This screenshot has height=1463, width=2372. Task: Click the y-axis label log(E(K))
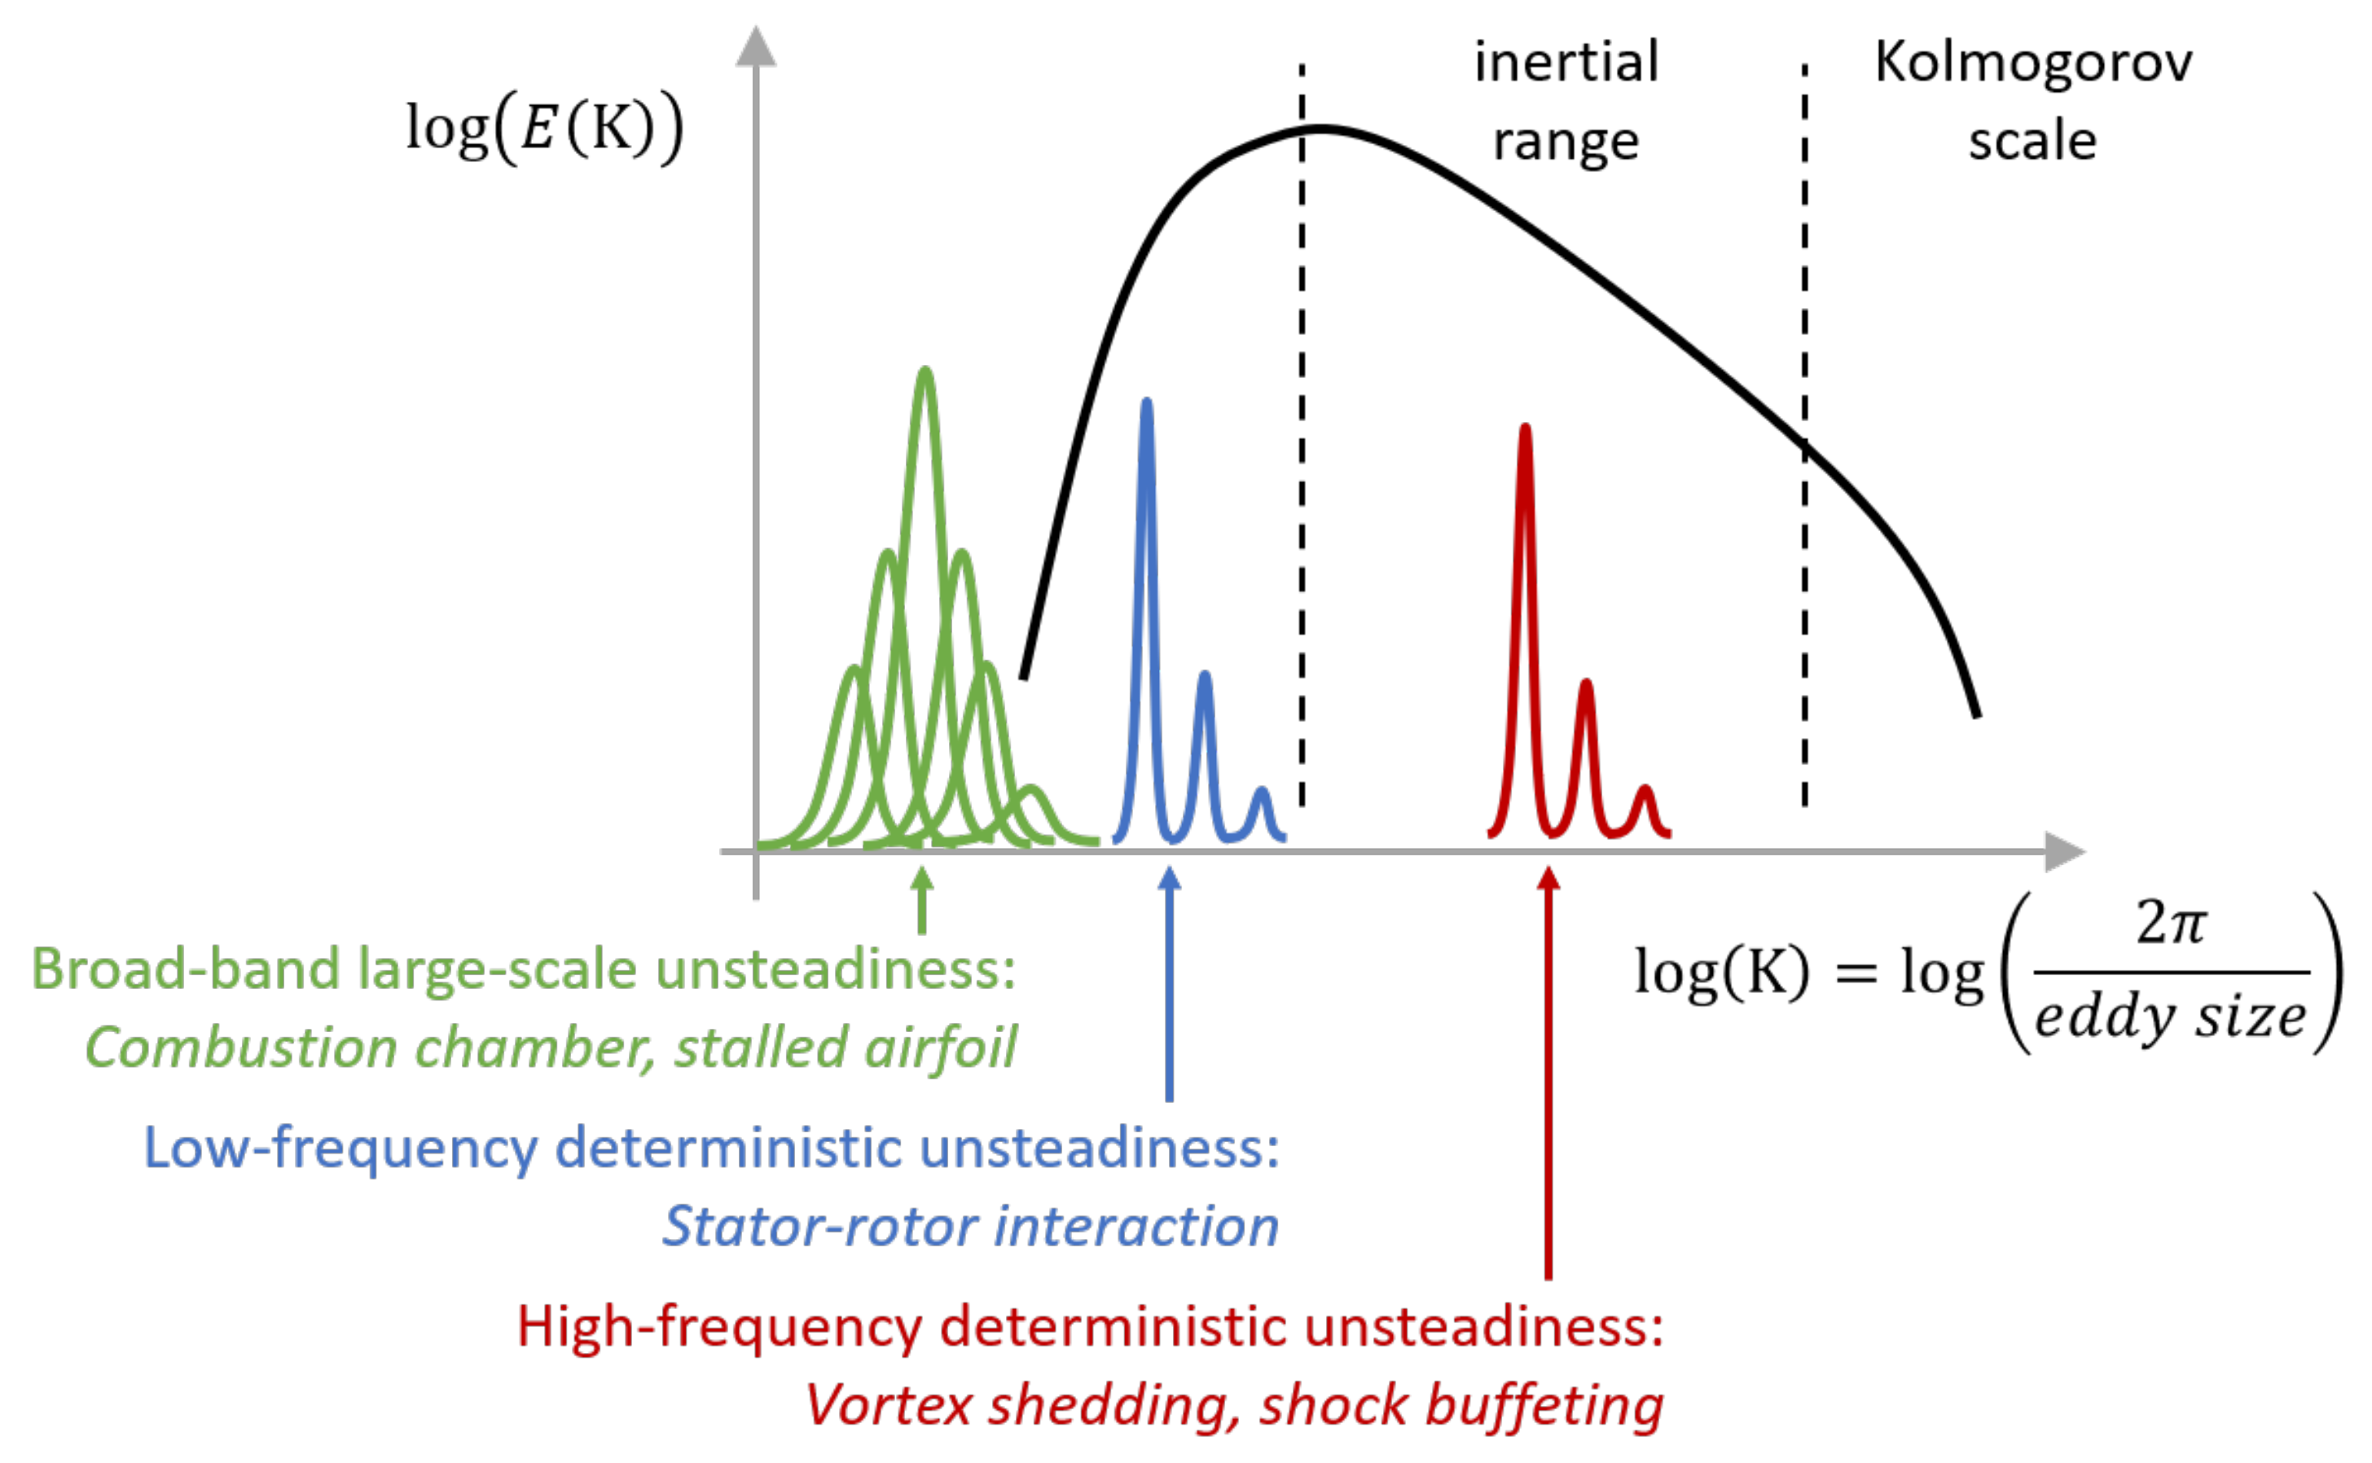tap(543, 128)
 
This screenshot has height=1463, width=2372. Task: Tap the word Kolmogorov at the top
tap(2032, 63)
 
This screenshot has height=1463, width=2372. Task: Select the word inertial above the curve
tap(1566, 63)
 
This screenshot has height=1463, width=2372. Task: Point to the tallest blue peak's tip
tap(1146, 402)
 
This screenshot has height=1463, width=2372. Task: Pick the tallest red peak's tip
tap(1526, 427)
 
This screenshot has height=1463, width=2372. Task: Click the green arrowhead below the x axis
tap(922, 879)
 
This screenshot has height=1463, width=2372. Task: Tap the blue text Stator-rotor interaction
tap(970, 1226)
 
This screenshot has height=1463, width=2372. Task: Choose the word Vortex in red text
tap(888, 1405)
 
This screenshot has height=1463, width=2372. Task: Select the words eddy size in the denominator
tap(2170, 1018)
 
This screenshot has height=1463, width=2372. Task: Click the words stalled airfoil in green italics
tap(845, 1048)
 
